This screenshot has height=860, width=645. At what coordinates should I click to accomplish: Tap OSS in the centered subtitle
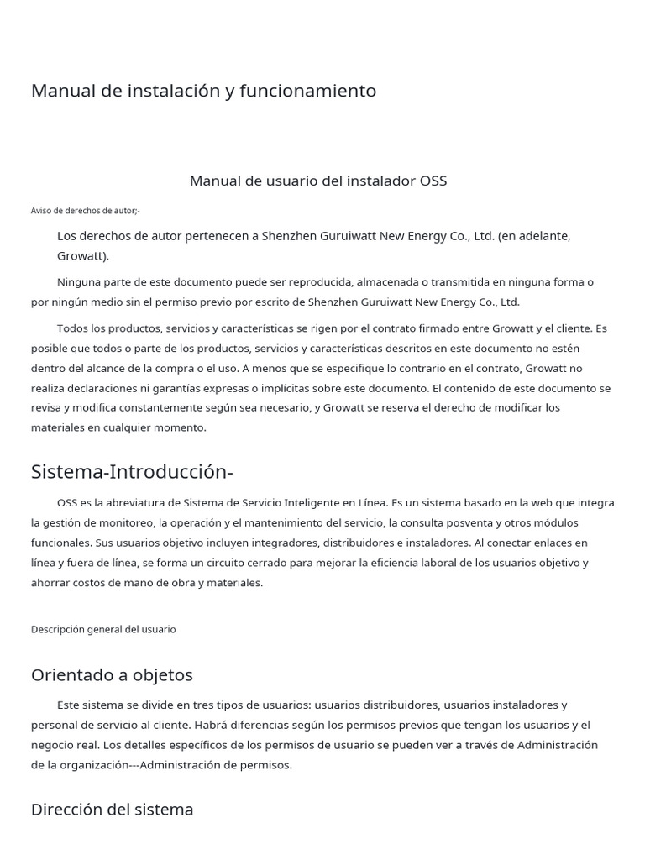pyautogui.click(x=433, y=181)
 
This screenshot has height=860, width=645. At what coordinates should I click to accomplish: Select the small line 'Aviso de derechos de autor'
pyautogui.click(x=85, y=211)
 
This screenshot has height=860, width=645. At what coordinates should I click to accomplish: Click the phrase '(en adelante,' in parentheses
pyautogui.click(x=534, y=236)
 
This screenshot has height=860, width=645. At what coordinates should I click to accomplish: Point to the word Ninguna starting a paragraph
pyautogui.click(x=81, y=281)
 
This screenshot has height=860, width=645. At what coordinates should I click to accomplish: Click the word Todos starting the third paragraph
pyautogui.click(x=75, y=328)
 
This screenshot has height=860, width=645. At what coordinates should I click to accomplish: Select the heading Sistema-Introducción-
pyautogui.click(x=132, y=472)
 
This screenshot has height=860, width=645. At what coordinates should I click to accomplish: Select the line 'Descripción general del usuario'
pyautogui.click(x=103, y=629)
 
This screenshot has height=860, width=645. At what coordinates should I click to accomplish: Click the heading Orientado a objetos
pyautogui.click(x=112, y=675)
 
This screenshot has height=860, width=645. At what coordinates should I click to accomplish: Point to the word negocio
pyautogui.click(x=54, y=745)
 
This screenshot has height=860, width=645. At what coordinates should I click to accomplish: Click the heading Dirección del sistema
pyautogui.click(x=112, y=810)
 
